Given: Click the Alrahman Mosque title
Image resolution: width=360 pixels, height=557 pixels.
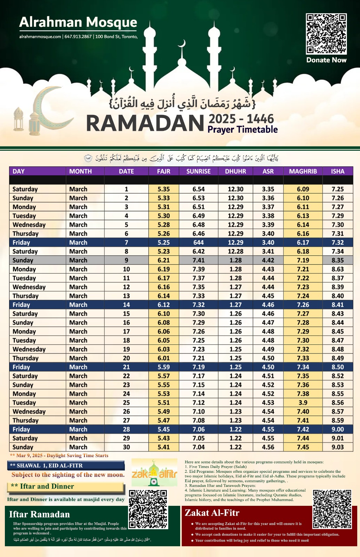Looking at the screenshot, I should point(78,22).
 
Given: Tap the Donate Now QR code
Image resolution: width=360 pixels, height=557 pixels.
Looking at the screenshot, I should point(326,34).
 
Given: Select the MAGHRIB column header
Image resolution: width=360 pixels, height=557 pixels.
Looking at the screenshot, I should point(303,171).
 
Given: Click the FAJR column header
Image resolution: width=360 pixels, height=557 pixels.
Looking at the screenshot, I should point(163,171).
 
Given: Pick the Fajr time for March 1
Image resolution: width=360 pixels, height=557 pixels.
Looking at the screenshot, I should point(163,189).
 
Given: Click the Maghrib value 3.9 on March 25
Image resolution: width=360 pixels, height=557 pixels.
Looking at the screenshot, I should point(303,402).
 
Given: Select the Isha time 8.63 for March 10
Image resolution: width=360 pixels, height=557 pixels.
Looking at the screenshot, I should point(337,269).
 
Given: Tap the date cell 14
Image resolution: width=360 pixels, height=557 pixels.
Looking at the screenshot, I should point(126,305).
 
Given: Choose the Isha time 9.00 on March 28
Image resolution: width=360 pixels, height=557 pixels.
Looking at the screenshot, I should point(337,429).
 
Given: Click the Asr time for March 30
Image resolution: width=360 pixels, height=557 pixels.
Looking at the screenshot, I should point(268,447).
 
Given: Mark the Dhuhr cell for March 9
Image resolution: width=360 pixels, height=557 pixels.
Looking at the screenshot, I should point(235,260).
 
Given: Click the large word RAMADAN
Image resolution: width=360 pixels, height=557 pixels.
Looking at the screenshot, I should point(145,123).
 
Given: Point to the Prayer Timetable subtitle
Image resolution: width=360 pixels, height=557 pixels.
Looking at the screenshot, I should point(242,130).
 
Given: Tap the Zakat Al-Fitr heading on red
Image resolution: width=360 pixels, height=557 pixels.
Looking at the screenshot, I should point(212,513).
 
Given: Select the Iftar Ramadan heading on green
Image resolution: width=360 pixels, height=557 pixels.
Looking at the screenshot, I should point(39,514).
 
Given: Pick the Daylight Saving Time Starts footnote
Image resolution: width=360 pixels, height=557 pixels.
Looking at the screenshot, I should point(59,455).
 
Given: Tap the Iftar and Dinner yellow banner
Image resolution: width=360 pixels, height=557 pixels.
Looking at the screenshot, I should point(65,487).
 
